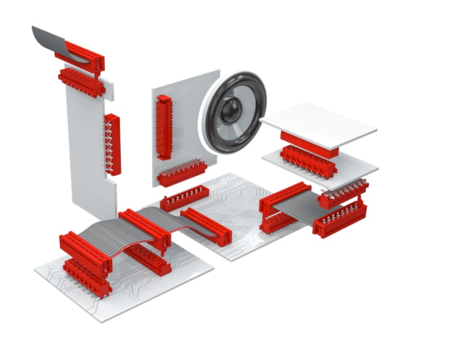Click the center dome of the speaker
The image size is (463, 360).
(231, 112)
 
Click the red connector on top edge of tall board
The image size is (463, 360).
(81, 81)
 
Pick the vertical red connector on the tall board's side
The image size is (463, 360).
(112, 144)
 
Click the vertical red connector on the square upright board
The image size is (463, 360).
(164, 127)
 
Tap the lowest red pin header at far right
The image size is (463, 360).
(340, 220)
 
